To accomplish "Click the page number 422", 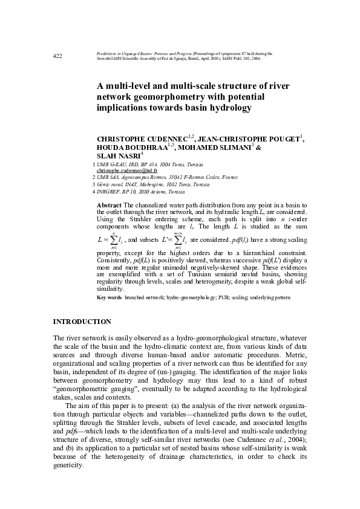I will pyautogui.click(x=58, y=56).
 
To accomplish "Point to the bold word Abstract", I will pyautogui.click(x=110, y=206).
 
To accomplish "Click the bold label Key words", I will pyautogui.click(x=109, y=298).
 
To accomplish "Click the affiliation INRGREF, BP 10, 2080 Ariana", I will pyautogui.click(x=137, y=191).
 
